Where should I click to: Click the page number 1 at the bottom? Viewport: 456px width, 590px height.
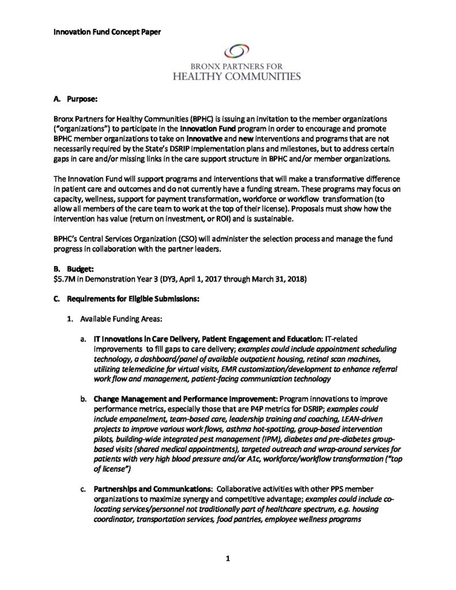point(228,558)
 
